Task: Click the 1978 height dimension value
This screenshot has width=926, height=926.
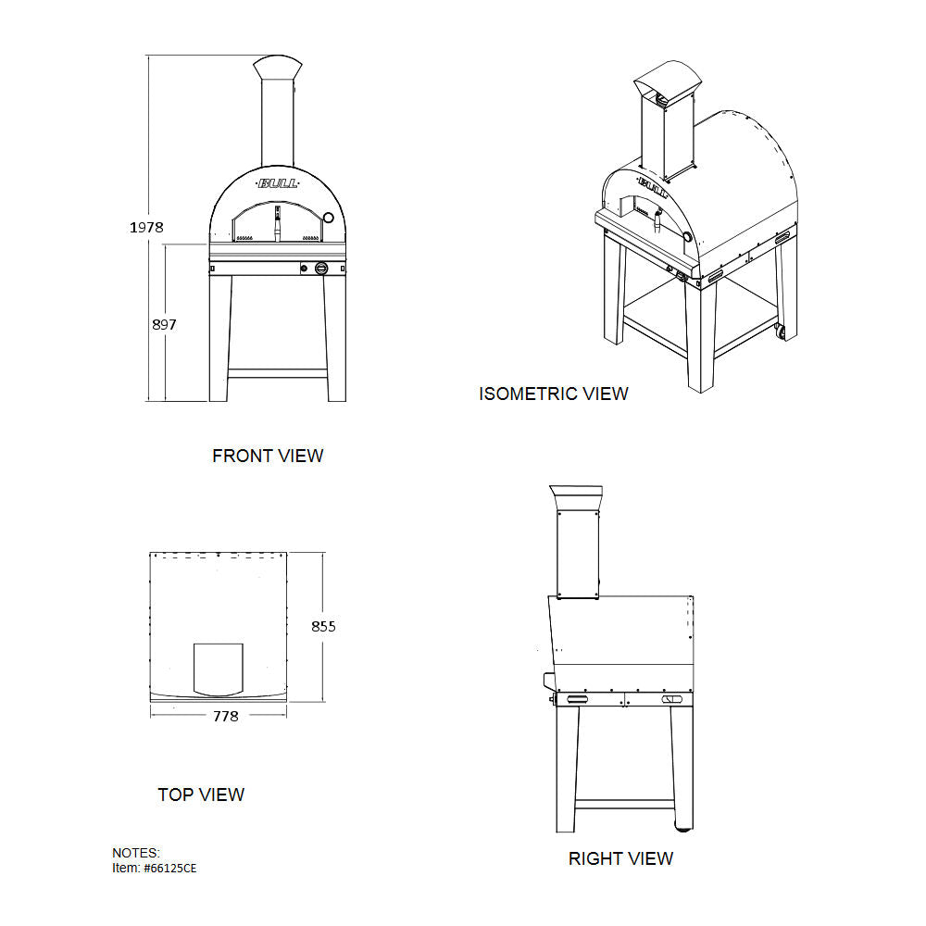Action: pyautogui.click(x=147, y=227)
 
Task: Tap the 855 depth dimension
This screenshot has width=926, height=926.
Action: pyautogui.click(x=323, y=626)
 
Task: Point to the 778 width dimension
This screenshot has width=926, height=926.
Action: pyautogui.click(x=225, y=716)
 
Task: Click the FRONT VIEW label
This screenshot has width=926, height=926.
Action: pyautogui.click(x=268, y=456)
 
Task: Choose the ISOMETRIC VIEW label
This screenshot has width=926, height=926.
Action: pyautogui.click(x=553, y=394)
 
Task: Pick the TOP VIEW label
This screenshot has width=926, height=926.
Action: pyautogui.click(x=201, y=795)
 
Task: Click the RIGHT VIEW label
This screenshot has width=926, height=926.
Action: pyautogui.click(x=620, y=859)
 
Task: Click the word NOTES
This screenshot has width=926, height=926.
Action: pyautogui.click(x=136, y=852)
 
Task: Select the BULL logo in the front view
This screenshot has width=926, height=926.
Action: pyautogui.click(x=278, y=183)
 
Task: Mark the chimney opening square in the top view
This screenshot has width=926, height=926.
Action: pyautogui.click(x=218, y=668)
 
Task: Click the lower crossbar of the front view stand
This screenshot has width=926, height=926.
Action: pyautogui.click(x=278, y=374)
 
